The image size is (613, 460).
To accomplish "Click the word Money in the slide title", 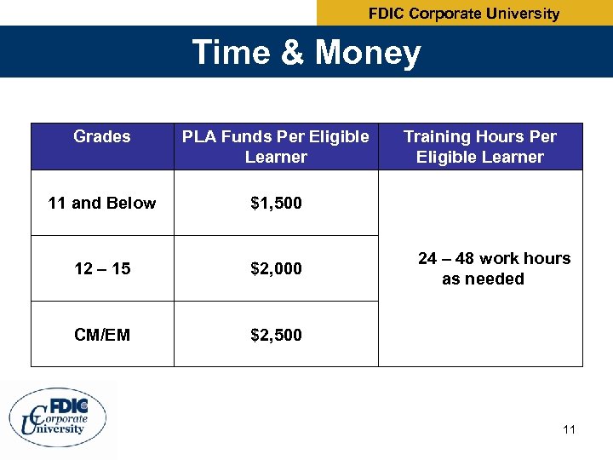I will click(x=368, y=53).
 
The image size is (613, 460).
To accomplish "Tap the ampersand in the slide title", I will click(x=291, y=53).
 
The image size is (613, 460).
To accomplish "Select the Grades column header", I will click(x=102, y=136).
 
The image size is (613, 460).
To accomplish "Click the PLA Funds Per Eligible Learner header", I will click(x=276, y=147).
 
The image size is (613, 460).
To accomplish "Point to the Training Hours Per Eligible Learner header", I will click(x=480, y=147).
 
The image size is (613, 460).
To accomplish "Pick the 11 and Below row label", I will click(x=102, y=203).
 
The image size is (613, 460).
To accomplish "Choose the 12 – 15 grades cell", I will click(x=102, y=269).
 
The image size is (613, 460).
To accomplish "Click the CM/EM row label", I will click(x=102, y=335).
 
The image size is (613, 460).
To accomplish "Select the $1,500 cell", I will click(x=276, y=203).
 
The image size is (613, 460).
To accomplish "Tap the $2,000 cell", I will click(x=276, y=269).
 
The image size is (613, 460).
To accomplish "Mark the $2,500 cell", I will click(x=276, y=335).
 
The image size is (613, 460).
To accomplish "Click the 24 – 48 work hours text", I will click(x=494, y=259).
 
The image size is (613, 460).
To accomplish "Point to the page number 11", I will click(x=569, y=429).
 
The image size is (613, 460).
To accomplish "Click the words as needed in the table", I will click(x=483, y=279).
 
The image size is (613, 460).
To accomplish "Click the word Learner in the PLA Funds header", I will click(x=276, y=157).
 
